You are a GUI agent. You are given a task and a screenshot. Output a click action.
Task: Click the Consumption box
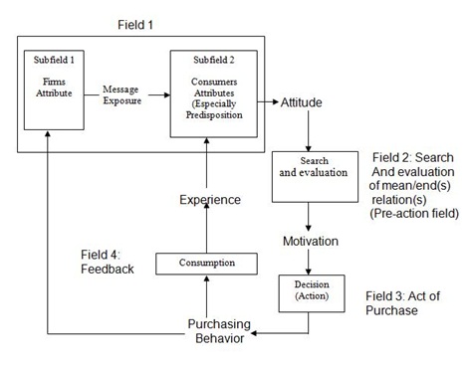207,263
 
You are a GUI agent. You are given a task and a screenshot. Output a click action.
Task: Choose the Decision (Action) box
309,293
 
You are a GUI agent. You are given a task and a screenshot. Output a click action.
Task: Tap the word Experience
209,199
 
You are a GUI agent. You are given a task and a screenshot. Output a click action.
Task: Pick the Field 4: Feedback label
107,261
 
